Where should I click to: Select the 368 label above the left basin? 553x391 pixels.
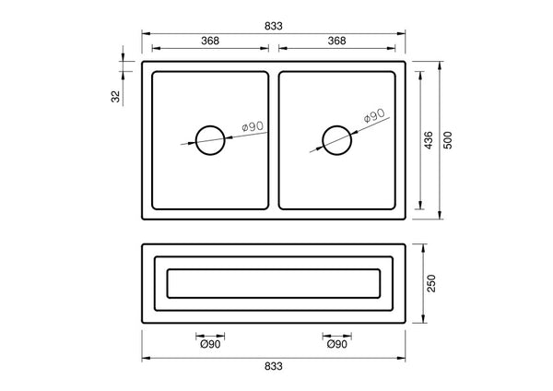[210, 41]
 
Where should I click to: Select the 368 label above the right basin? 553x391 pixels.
[336, 41]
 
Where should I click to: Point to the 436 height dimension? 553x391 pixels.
[429, 140]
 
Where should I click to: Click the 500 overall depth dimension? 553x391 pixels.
[449, 140]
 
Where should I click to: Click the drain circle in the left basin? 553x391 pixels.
[210, 140]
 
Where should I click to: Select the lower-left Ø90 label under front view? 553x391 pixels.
[210, 345]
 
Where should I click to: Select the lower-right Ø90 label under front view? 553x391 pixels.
[335, 345]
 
